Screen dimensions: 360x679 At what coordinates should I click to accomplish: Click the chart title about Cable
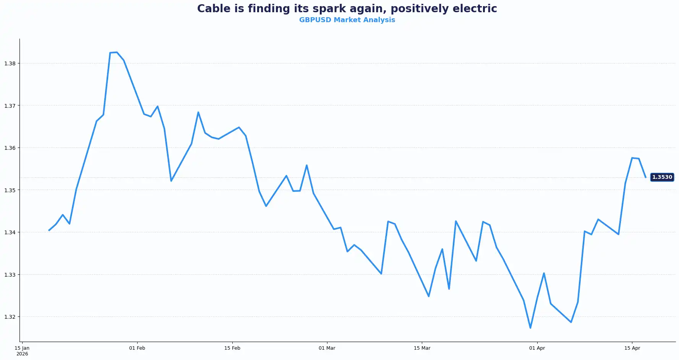(347, 9)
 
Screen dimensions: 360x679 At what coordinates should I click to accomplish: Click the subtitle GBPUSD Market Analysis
(347, 20)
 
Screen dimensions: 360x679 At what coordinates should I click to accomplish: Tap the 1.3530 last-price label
(662, 177)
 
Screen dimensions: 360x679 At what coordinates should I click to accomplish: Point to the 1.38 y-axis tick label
(10, 63)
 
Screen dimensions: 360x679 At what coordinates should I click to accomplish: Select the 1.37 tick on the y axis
(10, 106)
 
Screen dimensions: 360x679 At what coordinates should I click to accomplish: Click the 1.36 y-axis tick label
(10, 148)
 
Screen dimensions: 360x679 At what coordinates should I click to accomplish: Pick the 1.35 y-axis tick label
(10, 190)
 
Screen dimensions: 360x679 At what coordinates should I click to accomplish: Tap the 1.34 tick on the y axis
(10, 232)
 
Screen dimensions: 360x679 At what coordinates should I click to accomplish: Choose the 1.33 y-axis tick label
(10, 275)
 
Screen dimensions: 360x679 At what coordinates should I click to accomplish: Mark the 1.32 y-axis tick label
(10, 317)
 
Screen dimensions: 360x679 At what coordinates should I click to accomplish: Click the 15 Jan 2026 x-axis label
(22, 350)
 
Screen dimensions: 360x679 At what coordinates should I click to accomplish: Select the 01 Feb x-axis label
(137, 348)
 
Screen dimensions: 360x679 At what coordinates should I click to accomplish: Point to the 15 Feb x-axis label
(232, 348)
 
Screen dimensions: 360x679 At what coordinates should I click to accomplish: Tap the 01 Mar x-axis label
(327, 348)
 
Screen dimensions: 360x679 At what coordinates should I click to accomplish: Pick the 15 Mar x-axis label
(422, 348)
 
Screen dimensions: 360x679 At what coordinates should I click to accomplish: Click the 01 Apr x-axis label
(537, 348)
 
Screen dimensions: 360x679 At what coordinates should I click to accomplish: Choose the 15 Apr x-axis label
(632, 348)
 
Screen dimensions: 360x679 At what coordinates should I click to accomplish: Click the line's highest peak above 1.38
(117, 52)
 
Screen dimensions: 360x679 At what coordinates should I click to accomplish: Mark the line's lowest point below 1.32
(530, 328)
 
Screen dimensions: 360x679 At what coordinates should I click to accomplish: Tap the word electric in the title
(476, 9)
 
